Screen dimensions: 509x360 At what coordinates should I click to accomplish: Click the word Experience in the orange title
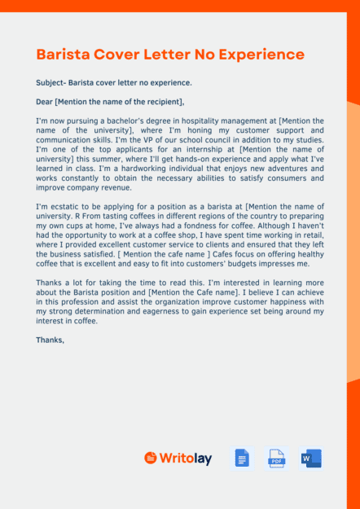tap(263, 55)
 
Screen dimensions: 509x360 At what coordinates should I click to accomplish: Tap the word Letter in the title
tap(188, 55)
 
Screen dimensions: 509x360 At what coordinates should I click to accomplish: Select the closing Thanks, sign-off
tap(50, 340)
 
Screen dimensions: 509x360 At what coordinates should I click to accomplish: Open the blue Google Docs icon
tap(241, 459)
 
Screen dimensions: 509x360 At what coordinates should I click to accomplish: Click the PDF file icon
tap(277, 459)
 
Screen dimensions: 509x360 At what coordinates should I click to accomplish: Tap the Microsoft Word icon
tap(311, 459)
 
